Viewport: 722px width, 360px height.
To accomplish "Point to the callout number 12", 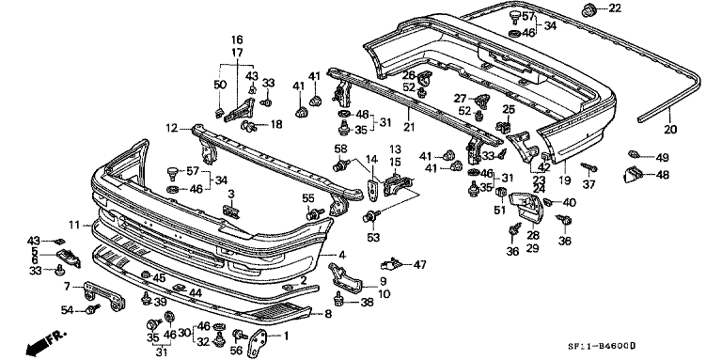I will click(x=171, y=128).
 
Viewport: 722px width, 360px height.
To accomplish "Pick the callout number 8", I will click(x=327, y=314).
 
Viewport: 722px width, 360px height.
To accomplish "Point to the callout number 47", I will click(x=420, y=264).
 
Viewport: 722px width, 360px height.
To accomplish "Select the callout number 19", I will click(x=566, y=178).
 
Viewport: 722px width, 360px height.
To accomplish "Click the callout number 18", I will click(x=276, y=124).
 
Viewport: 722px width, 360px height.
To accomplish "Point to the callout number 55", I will click(x=306, y=199).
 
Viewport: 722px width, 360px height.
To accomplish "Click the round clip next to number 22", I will click(x=589, y=10).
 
